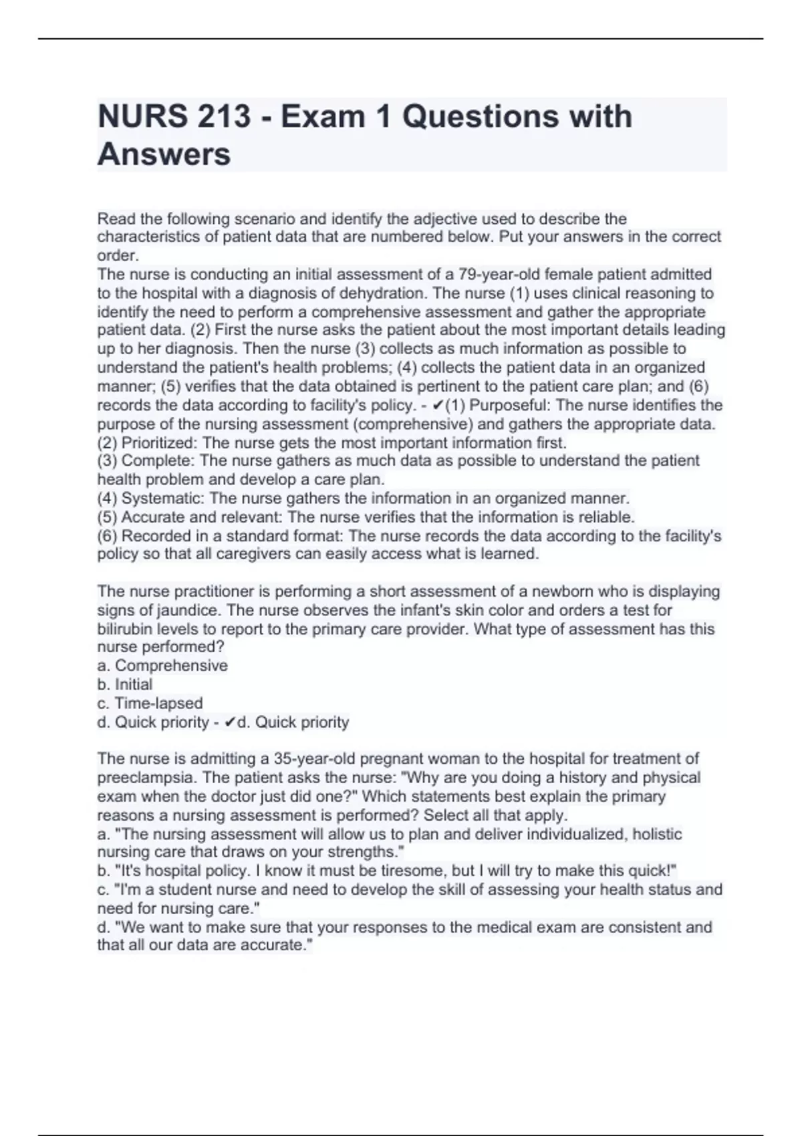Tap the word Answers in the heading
tap(164, 154)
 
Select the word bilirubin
tap(126, 629)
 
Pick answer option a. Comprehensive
tap(162, 666)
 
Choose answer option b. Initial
tap(125, 684)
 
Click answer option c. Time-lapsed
tap(150, 703)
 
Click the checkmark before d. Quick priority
tap(230, 722)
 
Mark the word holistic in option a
tap(657, 834)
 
